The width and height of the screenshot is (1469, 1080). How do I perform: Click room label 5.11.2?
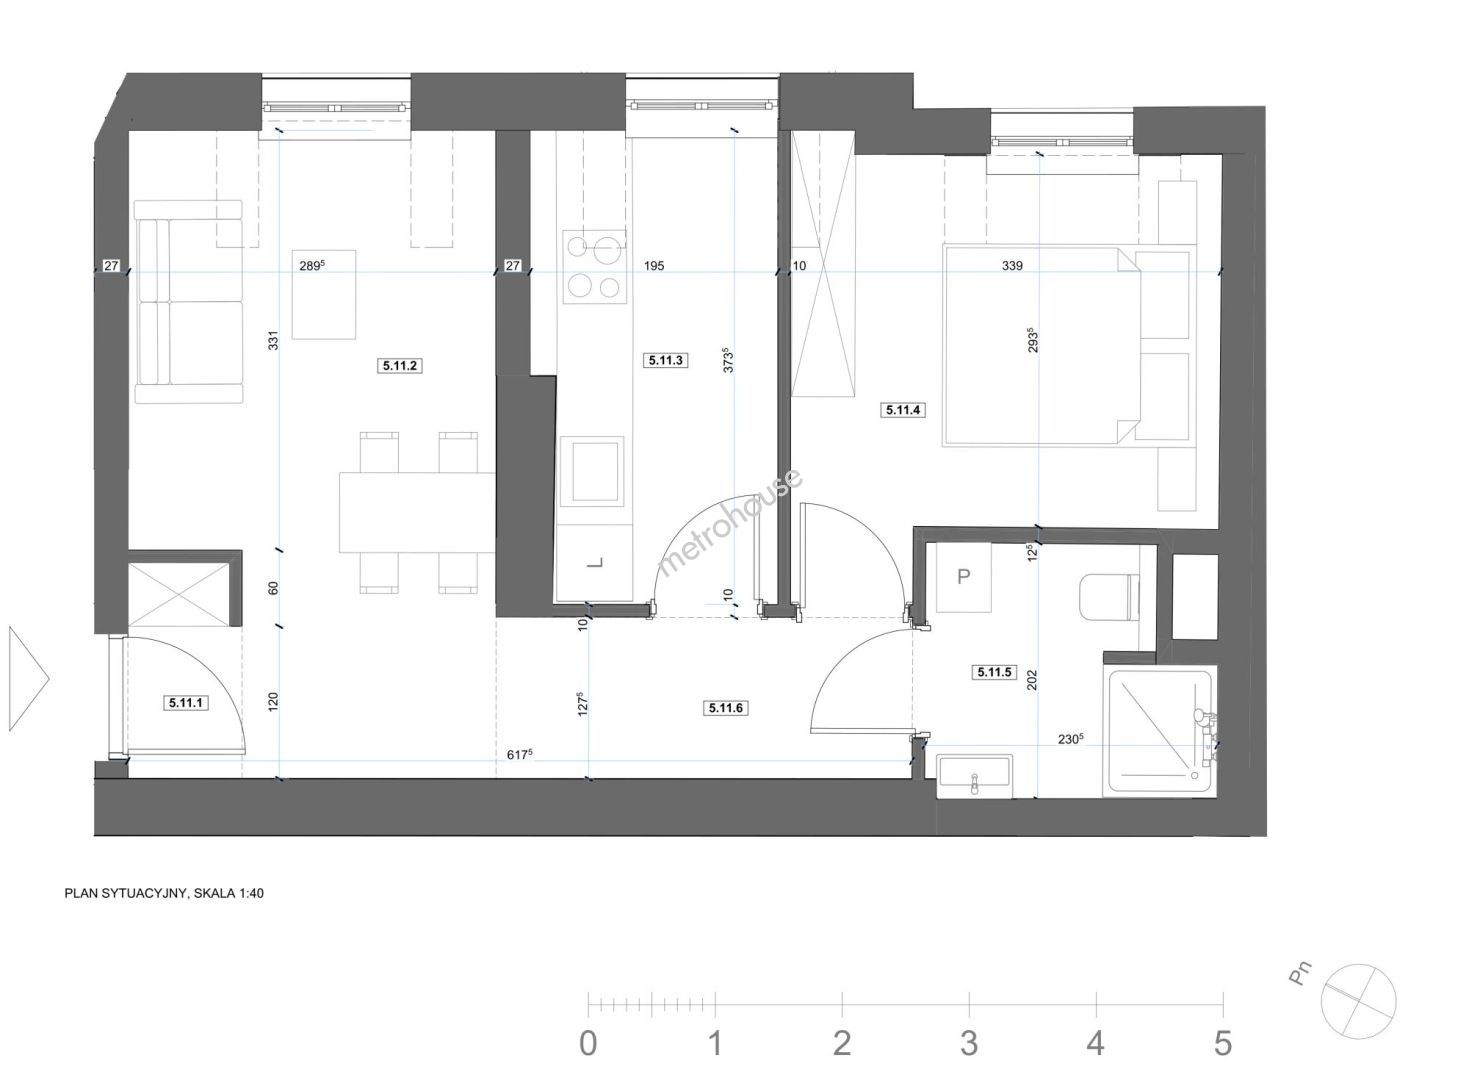[x=399, y=365]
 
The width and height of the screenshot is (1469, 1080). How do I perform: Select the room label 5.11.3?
[x=666, y=360]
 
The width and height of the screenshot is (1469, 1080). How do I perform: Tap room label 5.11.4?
[x=903, y=410]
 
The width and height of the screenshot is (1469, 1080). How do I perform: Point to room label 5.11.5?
[x=994, y=671]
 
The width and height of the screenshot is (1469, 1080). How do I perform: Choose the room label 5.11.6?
[x=726, y=708]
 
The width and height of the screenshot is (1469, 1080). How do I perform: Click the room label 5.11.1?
[x=186, y=703]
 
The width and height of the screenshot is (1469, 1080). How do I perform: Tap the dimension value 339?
[x=1013, y=266]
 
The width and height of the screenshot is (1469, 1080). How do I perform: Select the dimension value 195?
[x=654, y=266]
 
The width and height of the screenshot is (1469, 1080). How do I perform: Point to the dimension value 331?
[x=273, y=340]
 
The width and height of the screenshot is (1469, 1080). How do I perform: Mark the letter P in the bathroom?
[x=963, y=577]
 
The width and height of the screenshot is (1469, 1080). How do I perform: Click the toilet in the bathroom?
[x=1109, y=597]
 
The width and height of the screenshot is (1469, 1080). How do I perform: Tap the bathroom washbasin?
[x=975, y=776]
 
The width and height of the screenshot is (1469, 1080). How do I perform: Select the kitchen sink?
[x=596, y=471]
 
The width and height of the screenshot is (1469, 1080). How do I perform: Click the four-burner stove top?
[x=594, y=267]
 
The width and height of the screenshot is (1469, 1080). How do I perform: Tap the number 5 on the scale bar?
[x=1223, y=1043]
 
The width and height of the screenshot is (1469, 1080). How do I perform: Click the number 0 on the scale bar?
[x=588, y=1043]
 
